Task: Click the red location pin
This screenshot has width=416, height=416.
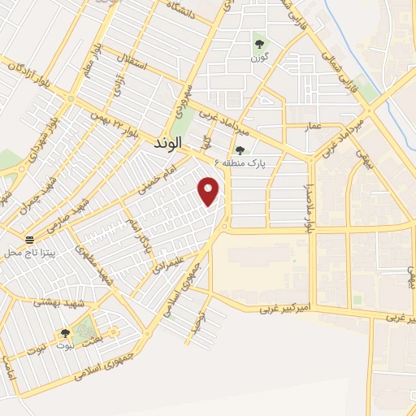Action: pos(210,191)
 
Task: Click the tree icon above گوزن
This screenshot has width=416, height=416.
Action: pos(259,44)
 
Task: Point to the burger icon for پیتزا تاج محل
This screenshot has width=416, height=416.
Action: pos(30,240)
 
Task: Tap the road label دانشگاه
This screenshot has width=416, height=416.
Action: pos(182,13)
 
